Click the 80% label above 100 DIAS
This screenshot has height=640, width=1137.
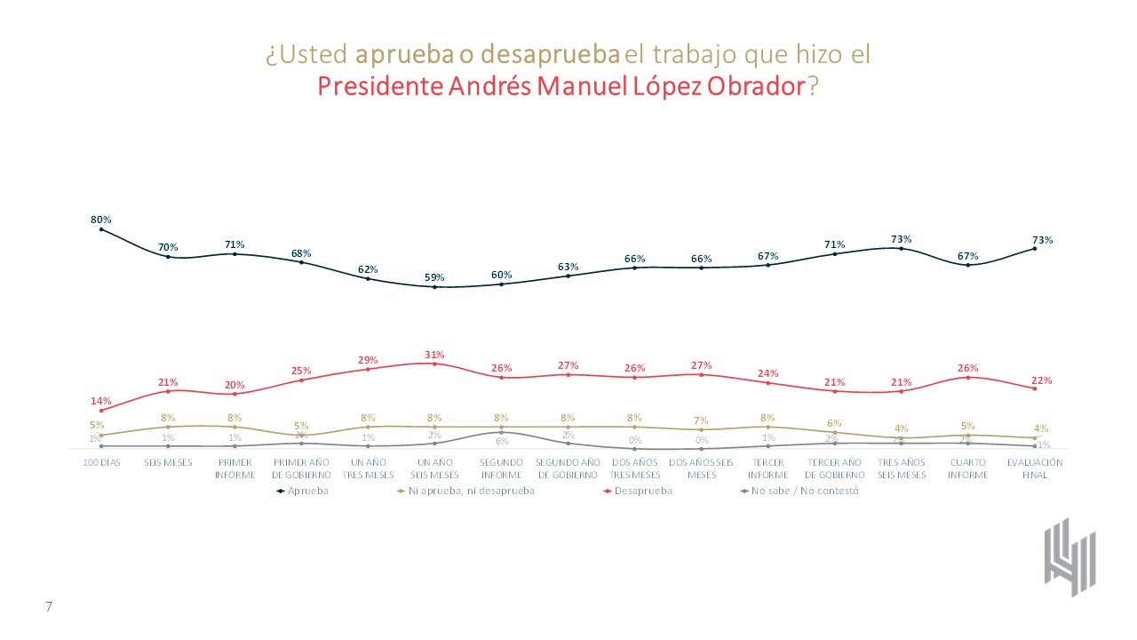tap(100, 220)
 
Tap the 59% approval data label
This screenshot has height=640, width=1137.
tap(434, 277)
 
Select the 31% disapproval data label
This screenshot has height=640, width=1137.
tap(434, 355)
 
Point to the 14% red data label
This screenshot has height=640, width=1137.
tap(100, 401)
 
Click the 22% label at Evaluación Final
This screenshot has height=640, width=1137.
tap(1043, 380)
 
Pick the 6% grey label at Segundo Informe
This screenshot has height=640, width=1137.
tap(502, 441)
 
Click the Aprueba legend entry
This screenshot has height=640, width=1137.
tap(307, 491)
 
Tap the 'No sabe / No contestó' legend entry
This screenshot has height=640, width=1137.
tap(804, 491)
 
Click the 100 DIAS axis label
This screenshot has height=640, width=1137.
tap(101, 462)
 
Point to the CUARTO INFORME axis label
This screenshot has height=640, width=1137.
tap(968, 468)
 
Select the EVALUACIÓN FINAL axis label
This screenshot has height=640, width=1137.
tap(1035, 468)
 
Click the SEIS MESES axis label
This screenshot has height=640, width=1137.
tap(168, 462)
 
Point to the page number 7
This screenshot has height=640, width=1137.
tap(49, 606)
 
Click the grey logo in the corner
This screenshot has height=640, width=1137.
tap(1069, 556)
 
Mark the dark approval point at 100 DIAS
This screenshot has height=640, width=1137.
tap(101, 229)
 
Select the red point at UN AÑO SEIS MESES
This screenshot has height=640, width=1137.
tap(434, 364)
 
